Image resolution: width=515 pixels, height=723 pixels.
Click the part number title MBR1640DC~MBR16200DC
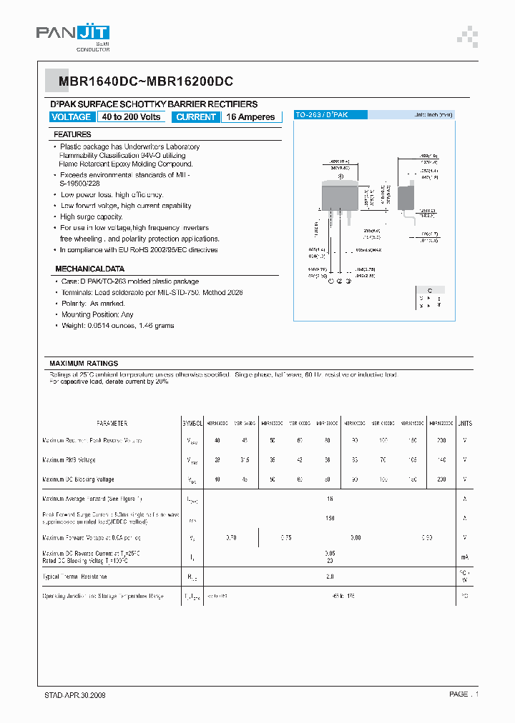pyautogui.click(x=142, y=82)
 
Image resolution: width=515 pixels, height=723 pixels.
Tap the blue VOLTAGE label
pyautogui.click(x=72, y=117)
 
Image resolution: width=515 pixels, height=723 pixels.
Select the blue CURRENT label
pyautogui.click(x=195, y=117)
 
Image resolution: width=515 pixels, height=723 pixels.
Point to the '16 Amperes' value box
pyautogui.click(x=250, y=117)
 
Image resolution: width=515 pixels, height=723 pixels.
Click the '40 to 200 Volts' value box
pyautogui.click(x=131, y=117)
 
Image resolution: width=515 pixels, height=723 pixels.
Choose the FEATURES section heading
pyautogui.click(x=72, y=134)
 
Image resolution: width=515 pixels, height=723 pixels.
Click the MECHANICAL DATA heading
pyautogui.click(x=89, y=269)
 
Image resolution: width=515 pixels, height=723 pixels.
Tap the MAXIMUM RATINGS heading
pyautogui.click(x=84, y=364)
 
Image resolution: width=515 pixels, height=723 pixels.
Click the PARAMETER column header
pyautogui.click(x=112, y=423)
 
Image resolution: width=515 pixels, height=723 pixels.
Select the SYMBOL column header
pyautogui.click(x=192, y=423)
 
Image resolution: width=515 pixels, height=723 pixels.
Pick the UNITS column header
pyautogui.click(x=465, y=423)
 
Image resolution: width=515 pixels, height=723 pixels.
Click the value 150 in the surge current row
pyautogui.click(x=330, y=518)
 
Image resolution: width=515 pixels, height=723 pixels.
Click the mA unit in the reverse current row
pyautogui.click(x=465, y=557)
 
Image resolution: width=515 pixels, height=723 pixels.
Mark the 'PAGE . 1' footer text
pyautogui.click(x=463, y=694)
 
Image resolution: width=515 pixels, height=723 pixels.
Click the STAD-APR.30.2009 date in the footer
pyautogui.click(x=70, y=694)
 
